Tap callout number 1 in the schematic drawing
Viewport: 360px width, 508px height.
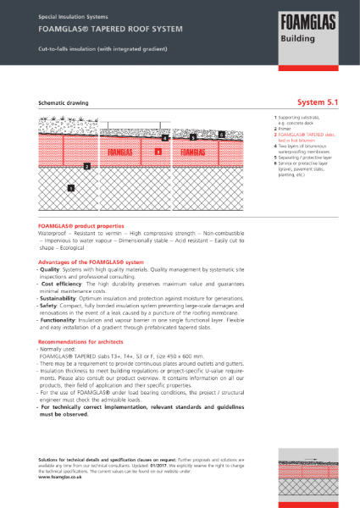click(71, 187)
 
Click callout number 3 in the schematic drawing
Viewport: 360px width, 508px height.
click(158, 152)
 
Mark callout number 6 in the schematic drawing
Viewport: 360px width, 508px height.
click(221, 134)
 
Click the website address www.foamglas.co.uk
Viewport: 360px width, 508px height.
click(65, 477)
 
